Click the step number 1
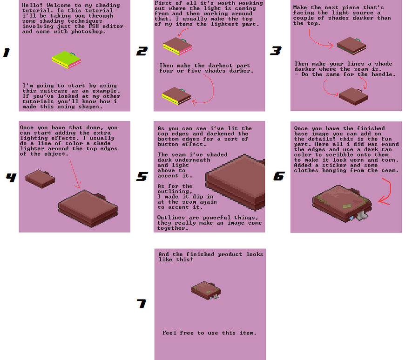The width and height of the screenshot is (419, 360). (7, 53)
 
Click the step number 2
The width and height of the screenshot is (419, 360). (142, 51)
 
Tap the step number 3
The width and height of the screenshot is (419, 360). (276, 51)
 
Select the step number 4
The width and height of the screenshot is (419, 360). (11, 177)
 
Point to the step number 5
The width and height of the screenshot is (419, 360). (142, 177)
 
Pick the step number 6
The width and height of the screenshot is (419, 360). (279, 176)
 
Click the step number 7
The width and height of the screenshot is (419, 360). (142, 303)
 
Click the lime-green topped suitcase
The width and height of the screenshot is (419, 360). (67, 60)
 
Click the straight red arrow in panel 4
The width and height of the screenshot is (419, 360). (75, 174)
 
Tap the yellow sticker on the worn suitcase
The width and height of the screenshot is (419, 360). (347, 206)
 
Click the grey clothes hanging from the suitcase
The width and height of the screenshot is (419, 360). (362, 215)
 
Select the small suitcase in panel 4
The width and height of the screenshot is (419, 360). (41, 179)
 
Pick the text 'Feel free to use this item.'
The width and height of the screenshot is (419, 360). (209, 333)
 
